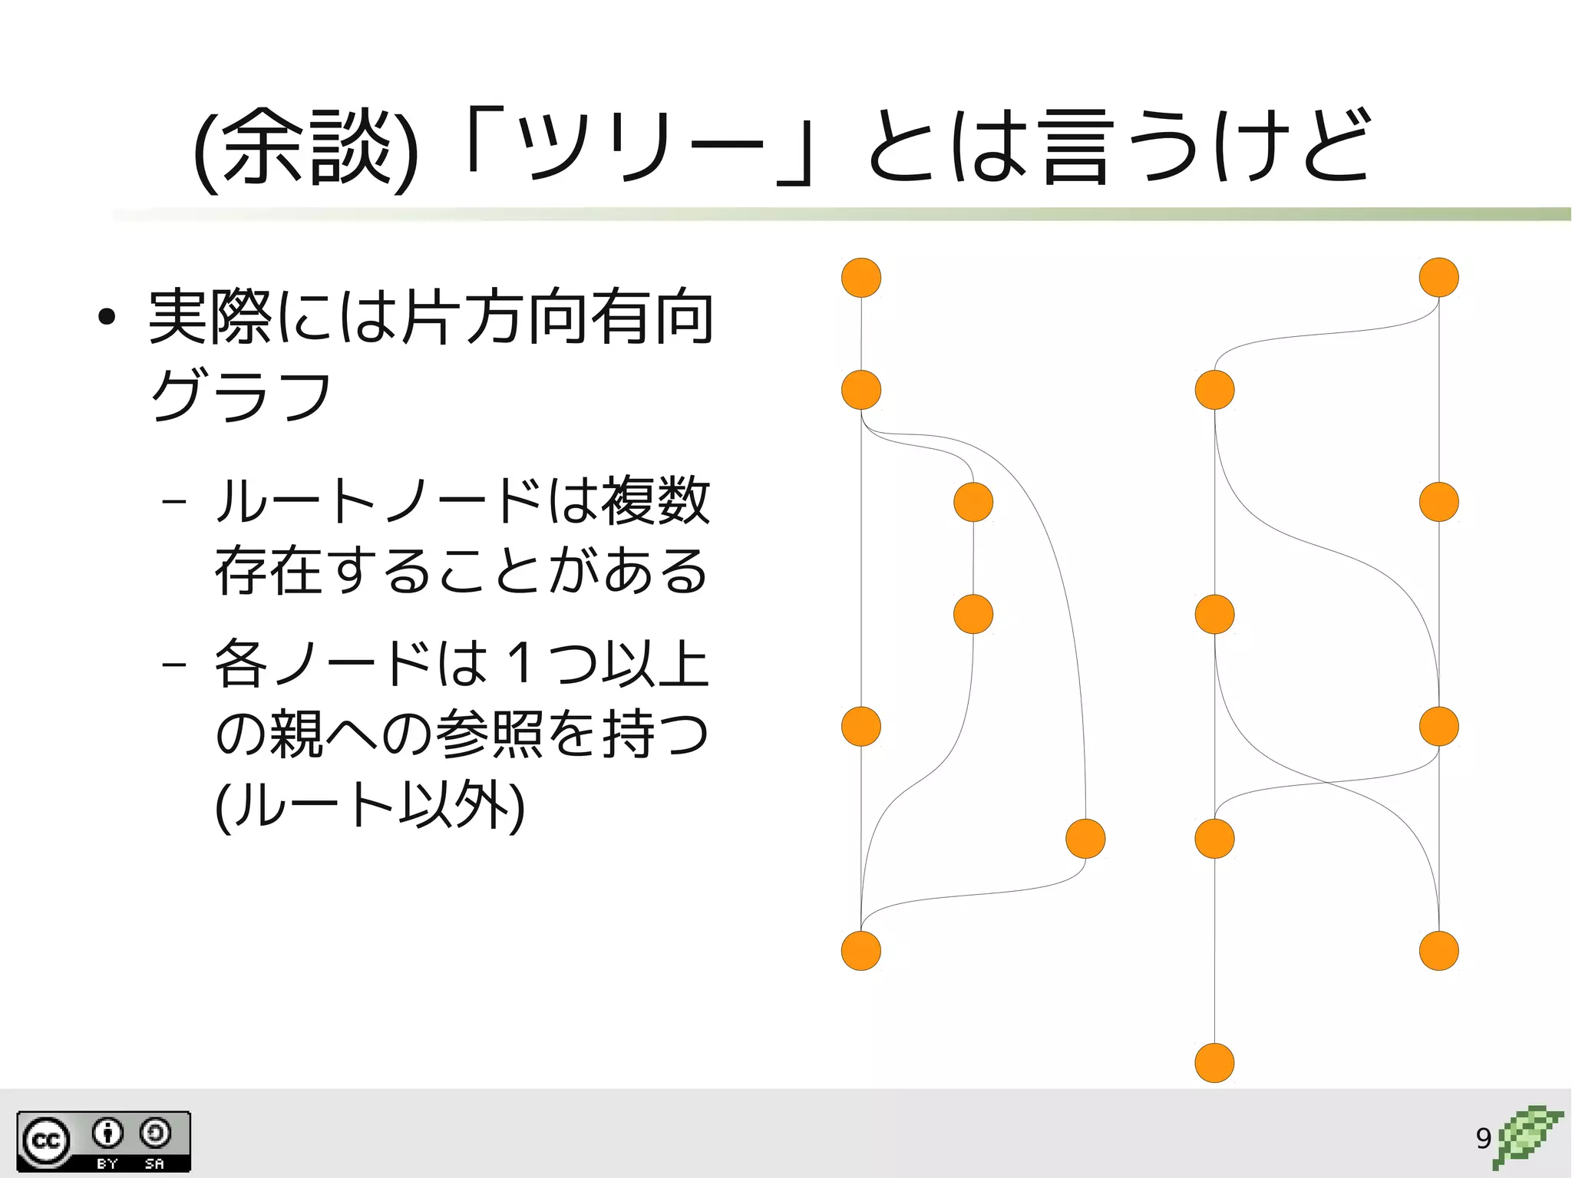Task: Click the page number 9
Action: coord(1483,1138)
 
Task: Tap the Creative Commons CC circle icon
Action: coord(46,1141)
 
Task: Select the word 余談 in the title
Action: coord(307,147)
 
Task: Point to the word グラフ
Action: coord(240,395)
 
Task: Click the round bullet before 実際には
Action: coord(107,317)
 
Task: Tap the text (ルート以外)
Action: coord(370,806)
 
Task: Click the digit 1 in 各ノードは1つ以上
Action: coord(520,663)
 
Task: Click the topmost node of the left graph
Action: coord(861,278)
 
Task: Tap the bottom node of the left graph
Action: coord(861,951)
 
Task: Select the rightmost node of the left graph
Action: coord(1085,839)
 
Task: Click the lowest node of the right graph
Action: coord(1214,1063)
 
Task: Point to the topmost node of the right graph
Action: coord(1438,278)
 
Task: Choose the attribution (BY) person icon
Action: coord(107,1133)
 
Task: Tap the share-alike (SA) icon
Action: coord(155,1133)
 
